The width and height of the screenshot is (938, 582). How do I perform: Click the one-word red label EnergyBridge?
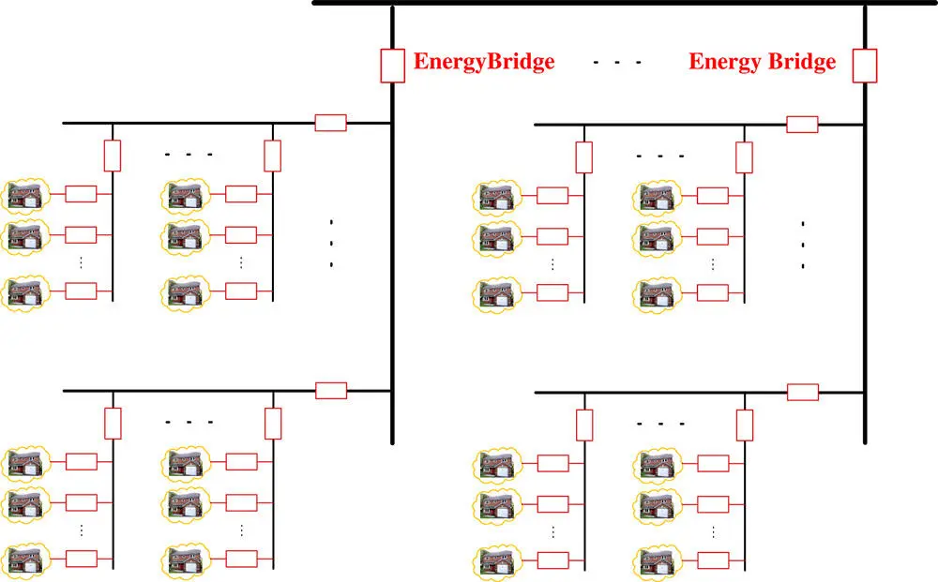pyautogui.click(x=484, y=63)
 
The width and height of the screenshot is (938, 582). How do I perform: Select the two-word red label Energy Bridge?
pyautogui.click(x=762, y=63)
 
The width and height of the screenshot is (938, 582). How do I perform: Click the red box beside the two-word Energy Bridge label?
pyautogui.click(x=864, y=66)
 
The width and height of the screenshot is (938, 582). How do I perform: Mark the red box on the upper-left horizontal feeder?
pyautogui.click(x=330, y=122)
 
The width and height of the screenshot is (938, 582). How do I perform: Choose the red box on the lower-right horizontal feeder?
pyautogui.click(x=802, y=392)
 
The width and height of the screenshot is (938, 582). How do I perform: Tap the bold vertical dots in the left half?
pyautogui.click(x=332, y=244)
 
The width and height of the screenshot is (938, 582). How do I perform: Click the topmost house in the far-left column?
pyautogui.click(x=24, y=196)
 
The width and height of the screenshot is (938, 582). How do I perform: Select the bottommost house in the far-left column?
pyautogui.click(x=24, y=559)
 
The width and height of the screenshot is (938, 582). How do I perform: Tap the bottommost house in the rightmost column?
pyautogui.click(x=655, y=560)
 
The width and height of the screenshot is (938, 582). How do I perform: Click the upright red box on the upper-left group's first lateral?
pyautogui.click(x=113, y=156)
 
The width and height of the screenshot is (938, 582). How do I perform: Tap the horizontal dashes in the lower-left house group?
pyautogui.click(x=189, y=423)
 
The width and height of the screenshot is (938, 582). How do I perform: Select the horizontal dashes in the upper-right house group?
pyautogui.click(x=660, y=156)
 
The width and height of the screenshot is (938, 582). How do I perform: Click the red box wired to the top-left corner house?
pyautogui.click(x=82, y=194)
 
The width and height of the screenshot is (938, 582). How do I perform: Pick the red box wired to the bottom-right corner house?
pyautogui.click(x=713, y=560)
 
